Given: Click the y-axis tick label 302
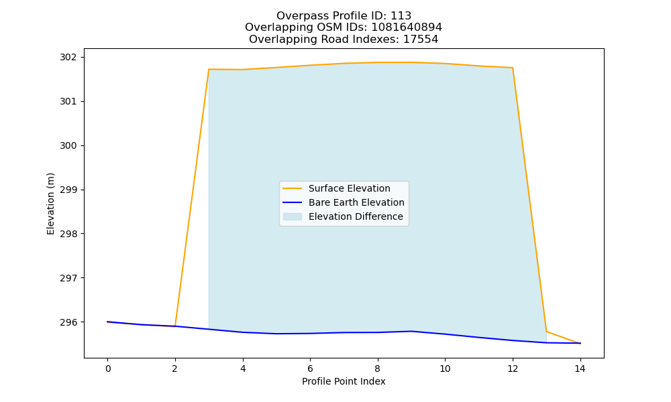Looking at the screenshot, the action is coord(68,57).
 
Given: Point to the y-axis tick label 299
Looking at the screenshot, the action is coord(68,190).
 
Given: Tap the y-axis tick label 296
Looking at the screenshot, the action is coord(68,322).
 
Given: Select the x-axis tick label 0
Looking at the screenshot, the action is coord(107,368).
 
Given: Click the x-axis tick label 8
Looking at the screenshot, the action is coord(377,368).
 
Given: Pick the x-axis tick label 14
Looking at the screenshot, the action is coord(580,368).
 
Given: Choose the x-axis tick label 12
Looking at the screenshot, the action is coord(512,368).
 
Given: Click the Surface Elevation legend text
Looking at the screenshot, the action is coord(349,188).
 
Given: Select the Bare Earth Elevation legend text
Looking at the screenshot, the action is coord(356,202).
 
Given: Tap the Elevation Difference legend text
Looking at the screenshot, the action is coord(356,216).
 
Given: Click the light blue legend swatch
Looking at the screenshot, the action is coord(293,216).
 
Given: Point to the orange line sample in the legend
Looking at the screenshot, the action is coord(293,188).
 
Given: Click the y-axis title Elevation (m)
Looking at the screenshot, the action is coord(50,204).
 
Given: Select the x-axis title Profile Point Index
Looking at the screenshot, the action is coord(344,381).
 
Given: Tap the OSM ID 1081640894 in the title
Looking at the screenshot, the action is coord(407,27).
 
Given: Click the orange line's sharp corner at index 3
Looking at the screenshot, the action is coord(209,69).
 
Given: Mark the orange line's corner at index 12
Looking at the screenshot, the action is coord(512,68).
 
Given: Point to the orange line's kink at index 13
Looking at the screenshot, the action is coord(546,332).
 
